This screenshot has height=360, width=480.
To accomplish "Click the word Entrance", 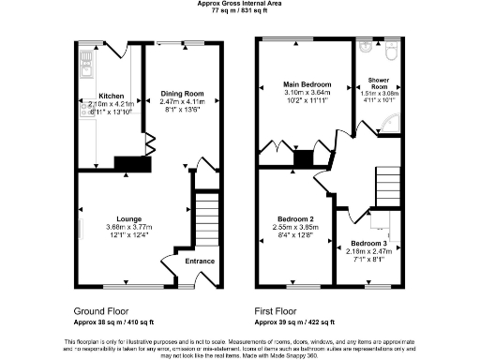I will [200, 262].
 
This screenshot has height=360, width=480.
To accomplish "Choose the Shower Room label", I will [380, 82].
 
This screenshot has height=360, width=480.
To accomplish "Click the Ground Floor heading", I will [102, 309].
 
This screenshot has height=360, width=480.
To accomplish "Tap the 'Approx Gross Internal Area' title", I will [240, 4].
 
